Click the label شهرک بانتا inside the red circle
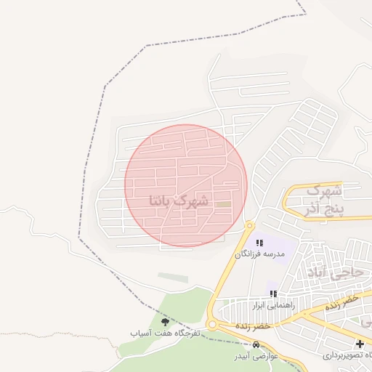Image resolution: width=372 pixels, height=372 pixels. [179, 200]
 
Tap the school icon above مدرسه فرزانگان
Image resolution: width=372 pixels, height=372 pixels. [259, 243]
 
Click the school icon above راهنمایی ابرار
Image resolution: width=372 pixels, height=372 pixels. [273, 294]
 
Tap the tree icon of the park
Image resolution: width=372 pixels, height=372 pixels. [164, 320]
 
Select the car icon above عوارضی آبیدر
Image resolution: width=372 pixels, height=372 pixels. [256, 345]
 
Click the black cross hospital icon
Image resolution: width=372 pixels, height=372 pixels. [359, 344]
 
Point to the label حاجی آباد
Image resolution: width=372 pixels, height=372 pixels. [346, 274]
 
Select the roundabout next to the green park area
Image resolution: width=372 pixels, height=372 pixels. [212, 325]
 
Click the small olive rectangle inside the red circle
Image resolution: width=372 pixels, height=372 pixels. [225, 203]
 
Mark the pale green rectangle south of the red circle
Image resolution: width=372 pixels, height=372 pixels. [173, 278]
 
